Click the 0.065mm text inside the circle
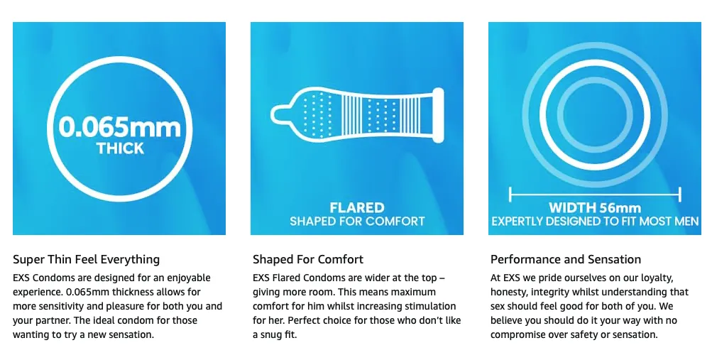(x=120, y=126)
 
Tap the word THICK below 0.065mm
(x=121, y=148)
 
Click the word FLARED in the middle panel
(x=357, y=207)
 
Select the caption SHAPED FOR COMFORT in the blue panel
(x=357, y=221)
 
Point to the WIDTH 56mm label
(x=595, y=208)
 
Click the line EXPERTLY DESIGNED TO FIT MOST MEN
(x=595, y=221)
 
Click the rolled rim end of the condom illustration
(x=438, y=115)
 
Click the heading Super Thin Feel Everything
(x=87, y=260)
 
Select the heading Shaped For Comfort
(x=308, y=259)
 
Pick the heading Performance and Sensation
(x=566, y=259)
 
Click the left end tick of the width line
(x=510, y=195)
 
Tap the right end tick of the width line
(x=680, y=195)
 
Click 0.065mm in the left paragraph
(x=87, y=292)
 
